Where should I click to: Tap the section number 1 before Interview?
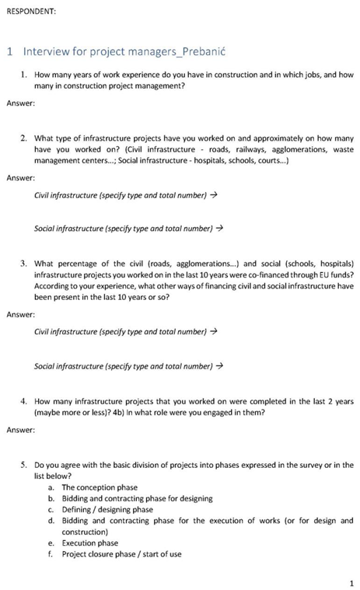[9, 52]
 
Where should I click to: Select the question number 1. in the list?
[26, 75]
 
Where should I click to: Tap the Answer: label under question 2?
[20, 177]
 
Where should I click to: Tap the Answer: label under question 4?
[20, 429]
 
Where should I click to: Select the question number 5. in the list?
[26, 465]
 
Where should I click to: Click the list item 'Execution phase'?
[90, 543]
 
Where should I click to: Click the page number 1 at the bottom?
[351, 581]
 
